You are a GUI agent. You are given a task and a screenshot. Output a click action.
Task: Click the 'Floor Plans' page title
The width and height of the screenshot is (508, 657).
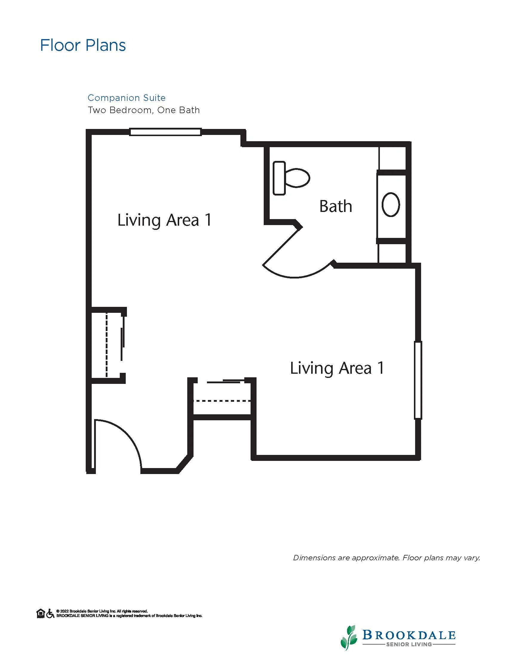(x=83, y=45)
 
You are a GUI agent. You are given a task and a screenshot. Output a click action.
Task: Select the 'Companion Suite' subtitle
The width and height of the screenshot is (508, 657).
(x=126, y=98)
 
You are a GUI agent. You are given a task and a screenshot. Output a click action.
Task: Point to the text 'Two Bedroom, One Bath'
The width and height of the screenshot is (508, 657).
(x=144, y=110)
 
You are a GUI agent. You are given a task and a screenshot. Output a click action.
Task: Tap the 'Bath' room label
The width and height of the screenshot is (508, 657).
(x=336, y=206)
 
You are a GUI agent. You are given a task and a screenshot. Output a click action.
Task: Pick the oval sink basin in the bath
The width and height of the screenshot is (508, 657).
(x=391, y=204)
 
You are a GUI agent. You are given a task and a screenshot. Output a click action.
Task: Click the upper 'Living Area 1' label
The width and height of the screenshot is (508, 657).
(x=165, y=220)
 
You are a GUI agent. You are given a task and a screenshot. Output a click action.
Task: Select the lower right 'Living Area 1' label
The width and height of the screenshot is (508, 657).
(x=337, y=368)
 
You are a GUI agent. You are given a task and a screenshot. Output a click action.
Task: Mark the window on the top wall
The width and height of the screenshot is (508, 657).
(x=165, y=132)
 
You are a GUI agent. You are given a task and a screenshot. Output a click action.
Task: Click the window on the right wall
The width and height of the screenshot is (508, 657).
(x=418, y=380)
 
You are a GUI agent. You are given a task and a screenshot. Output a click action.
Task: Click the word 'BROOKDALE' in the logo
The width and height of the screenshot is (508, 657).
(x=409, y=635)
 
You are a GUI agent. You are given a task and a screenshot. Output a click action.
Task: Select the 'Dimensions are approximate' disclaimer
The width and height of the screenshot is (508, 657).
(x=386, y=558)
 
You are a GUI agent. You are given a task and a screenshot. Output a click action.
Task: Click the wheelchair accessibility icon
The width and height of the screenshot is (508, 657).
(x=50, y=614)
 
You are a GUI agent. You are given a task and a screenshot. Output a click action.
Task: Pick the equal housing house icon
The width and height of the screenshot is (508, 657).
(x=41, y=614)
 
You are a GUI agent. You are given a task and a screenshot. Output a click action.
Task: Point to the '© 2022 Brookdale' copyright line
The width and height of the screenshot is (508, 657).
(x=102, y=611)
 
